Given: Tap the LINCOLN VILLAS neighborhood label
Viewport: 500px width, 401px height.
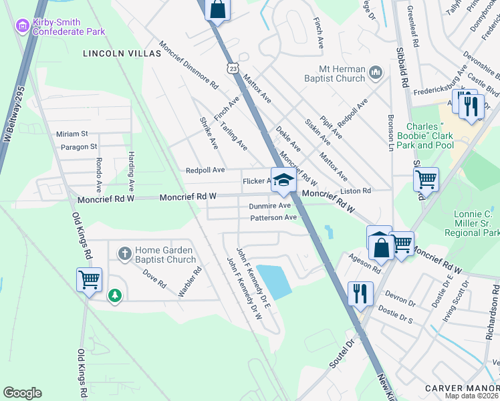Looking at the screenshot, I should [x=122, y=53].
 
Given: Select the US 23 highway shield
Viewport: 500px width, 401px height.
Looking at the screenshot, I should [x=232, y=68].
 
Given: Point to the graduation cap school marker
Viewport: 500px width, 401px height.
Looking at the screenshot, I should [x=283, y=180].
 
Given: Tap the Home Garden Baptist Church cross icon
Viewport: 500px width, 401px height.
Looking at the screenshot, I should [x=124, y=254].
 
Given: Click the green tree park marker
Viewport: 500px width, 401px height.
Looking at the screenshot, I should [x=115, y=295].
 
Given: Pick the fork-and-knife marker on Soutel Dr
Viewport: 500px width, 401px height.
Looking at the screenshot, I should [x=360, y=292].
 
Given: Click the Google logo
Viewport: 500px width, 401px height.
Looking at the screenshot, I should [x=22, y=393].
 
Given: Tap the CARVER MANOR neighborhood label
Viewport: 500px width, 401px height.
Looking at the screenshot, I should [x=461, y=388].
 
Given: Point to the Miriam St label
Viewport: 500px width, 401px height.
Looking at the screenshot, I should [x=72, y=134].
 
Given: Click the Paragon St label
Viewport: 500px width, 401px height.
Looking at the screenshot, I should [x=79, y=146].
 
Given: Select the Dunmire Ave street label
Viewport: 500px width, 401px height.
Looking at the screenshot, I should [x=270, y=206].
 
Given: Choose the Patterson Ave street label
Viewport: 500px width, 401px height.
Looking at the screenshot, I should [x=273, y=218].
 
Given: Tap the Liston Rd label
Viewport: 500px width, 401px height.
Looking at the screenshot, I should [x=356, y=191].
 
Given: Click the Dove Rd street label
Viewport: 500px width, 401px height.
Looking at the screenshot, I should [x=153, y=279].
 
